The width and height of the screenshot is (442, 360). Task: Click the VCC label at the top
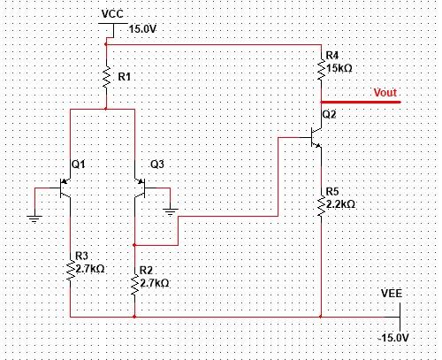coord(112,15)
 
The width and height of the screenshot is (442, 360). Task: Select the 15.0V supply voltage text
coord(142,28)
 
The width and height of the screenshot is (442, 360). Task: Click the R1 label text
coord(125,77)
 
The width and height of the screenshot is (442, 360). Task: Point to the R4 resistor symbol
coord(320,68)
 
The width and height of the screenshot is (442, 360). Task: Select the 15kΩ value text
coord(341,68)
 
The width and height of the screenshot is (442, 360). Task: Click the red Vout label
coord(385,92)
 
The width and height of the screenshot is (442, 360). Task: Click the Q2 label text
coord(330,115)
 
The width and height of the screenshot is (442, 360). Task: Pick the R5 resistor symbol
coord(320,204)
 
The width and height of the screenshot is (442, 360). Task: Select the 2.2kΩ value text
coord(341,203)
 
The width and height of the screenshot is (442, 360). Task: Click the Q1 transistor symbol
coord(65,188)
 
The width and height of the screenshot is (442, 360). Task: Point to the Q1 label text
coord(78,164)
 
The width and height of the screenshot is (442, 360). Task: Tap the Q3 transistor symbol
coord(139,188)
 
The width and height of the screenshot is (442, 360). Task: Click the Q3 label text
coord(156,164)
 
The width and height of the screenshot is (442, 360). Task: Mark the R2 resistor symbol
coord(134,283)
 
